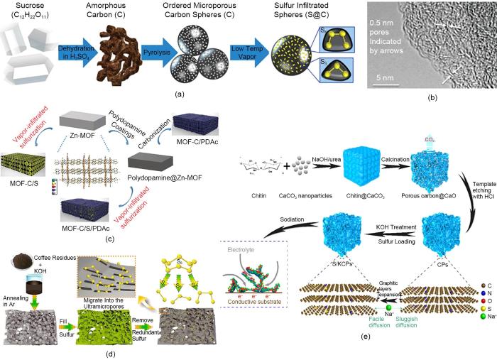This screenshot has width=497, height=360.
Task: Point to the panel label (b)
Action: (431, 102)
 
